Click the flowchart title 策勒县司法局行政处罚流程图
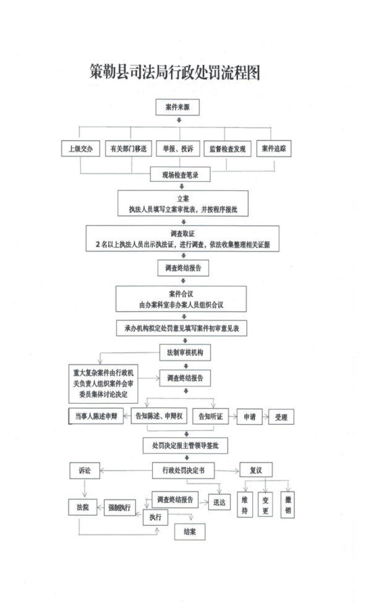click(x=175, y=72)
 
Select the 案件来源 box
click(x=177, y=107)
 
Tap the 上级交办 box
click(x=80, y=148)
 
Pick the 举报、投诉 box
click(x=178, y=148)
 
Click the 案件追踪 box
click(x=274, y=148)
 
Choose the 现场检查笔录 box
click(x=181, y=174)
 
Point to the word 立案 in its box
click(x=183, y=199)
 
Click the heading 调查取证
click(x=182, y=234)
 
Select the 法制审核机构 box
click(x=185, y=352)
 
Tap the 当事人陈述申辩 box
click(x=96, y=416)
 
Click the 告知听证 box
click(x=211, y=417)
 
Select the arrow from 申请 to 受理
click(x=265, y=417)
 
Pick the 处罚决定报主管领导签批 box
click(x=185, y=446)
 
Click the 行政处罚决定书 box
click(x=184, y=471)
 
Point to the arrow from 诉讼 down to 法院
click(x=85, y=489)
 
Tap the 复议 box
click(x=256, y=470)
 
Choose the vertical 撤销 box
click(x=287, y=505)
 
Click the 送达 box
click(x=219, y=502)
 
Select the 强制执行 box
click(x=119, y=507)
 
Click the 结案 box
click(x=190, y=531)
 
